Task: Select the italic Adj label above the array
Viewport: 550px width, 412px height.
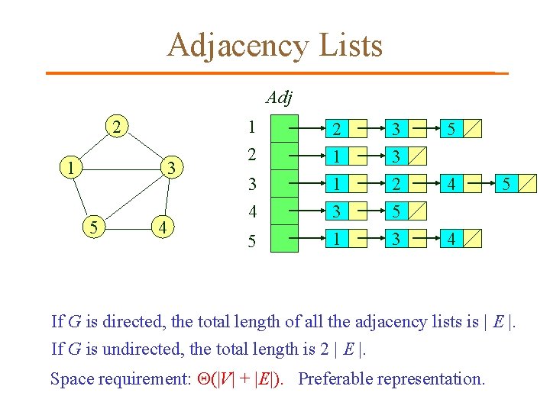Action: click(x=280, y=98)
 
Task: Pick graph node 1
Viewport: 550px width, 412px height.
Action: click(x=70, y=166)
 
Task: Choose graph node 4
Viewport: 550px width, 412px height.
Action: click(x=161, y=226)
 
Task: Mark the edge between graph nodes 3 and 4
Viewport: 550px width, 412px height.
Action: click(x=167, y=197)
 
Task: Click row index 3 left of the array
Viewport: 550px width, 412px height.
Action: click(x=251, y=184)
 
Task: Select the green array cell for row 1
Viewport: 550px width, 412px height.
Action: click(x=286, y=127)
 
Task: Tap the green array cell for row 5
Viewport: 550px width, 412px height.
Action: click(x=286, y=239)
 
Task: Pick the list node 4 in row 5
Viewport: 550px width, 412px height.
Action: click(x=453, y=239)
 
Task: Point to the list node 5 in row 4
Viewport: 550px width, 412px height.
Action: click(x=396, y=211)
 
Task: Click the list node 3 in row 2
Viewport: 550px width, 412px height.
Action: click(x=396, y=156)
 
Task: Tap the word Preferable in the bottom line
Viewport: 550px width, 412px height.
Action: click(x=341, y=378)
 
